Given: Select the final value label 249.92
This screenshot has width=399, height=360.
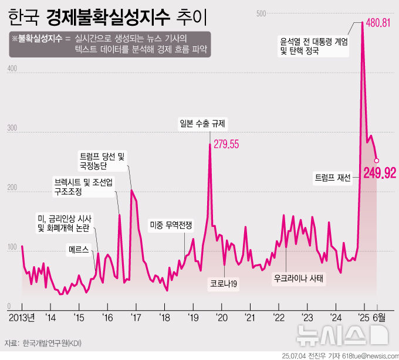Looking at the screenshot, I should click(379, 173).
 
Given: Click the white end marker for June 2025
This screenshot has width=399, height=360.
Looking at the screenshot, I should click(377, 160).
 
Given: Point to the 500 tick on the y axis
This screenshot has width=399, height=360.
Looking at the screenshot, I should click(261, 13).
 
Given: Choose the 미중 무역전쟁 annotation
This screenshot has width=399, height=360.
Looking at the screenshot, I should click(171, 225).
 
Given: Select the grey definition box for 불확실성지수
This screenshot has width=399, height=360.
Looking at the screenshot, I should click(110, 44).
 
